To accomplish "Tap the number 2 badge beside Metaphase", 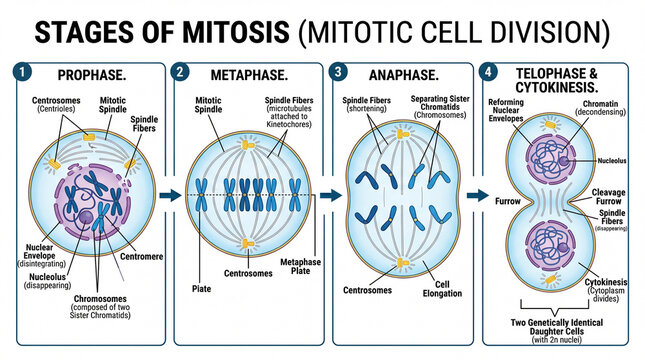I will point(179,73).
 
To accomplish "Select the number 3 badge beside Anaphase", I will point(339,73).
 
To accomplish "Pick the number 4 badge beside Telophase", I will point(487,73).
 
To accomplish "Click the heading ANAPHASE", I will point(402,75).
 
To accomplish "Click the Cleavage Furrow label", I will point(608,196).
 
